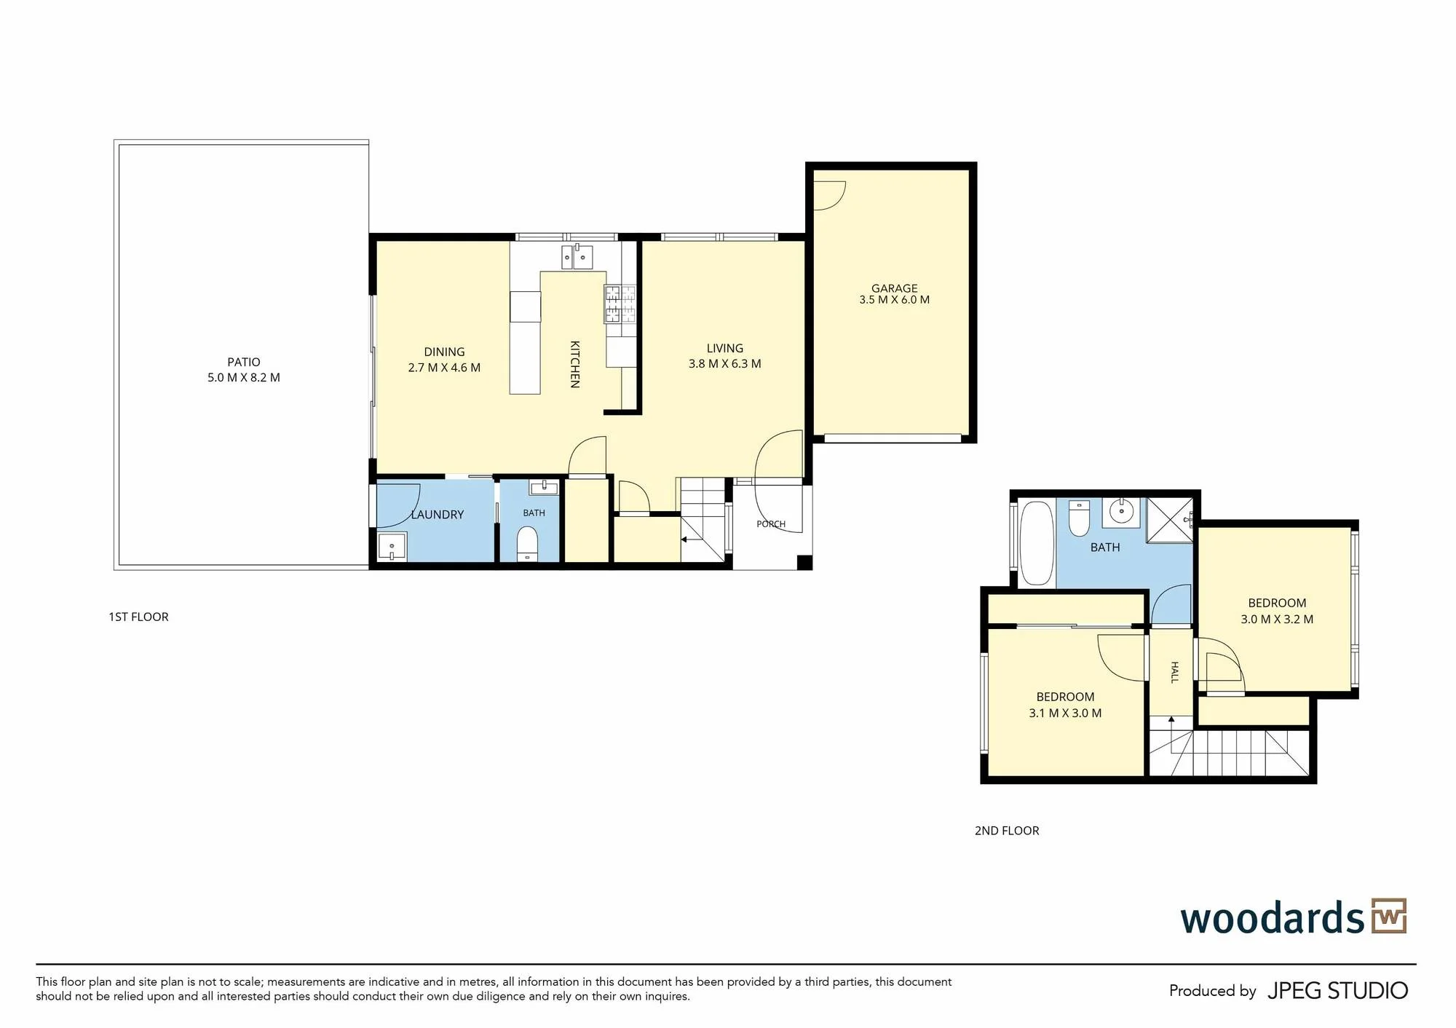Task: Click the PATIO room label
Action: [243, 362]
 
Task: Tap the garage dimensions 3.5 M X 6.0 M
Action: [894, 300]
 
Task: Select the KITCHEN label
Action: [574, 364]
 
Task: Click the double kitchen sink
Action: [577, 257]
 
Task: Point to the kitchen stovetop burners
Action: [620, 304]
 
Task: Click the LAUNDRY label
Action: [437, 515]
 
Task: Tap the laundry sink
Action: [392, 546]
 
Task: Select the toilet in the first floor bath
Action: [526, 544]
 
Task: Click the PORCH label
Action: [771, 524]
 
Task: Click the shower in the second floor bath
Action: [1170, 521]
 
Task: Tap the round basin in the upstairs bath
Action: [1122, 512]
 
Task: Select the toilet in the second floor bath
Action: [1079, 518]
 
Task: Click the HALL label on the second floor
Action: [1174, 672]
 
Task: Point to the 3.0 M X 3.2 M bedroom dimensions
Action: [1277, 620]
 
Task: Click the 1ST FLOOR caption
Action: [138, 617]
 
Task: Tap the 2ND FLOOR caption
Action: [1007, 831]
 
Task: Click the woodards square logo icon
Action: [1389, 916]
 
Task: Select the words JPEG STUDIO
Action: [1337, 991]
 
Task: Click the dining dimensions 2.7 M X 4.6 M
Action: [444, 368]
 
